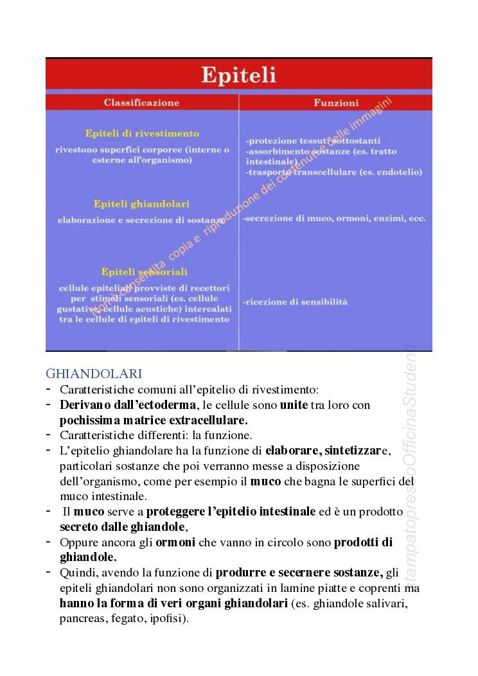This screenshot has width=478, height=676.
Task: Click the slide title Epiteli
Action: tap(238, 75)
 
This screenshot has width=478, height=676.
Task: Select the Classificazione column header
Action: tap(141, 103)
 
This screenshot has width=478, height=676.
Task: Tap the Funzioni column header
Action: tap(336, 103)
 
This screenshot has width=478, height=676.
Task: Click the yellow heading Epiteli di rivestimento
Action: tap(142, 134)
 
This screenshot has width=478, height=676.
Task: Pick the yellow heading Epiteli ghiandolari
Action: tap(141, 204)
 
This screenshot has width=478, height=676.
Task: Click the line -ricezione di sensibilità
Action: tap(295, 301)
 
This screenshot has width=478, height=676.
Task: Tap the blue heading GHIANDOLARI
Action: tap(94, 373)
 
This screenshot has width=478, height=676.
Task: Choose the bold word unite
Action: tap(294, 405)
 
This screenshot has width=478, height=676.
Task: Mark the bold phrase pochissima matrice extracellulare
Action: tap(154, 420)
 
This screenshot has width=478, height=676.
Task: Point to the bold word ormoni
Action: tap(175, 542)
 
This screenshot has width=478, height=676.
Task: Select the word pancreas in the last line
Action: tap(81, 619)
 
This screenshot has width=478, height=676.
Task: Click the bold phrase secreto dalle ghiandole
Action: tap(122, 526)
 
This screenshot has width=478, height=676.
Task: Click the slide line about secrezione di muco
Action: tap(334, 218)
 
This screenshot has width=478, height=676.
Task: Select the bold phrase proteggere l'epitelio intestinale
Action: tap(231, 512)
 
